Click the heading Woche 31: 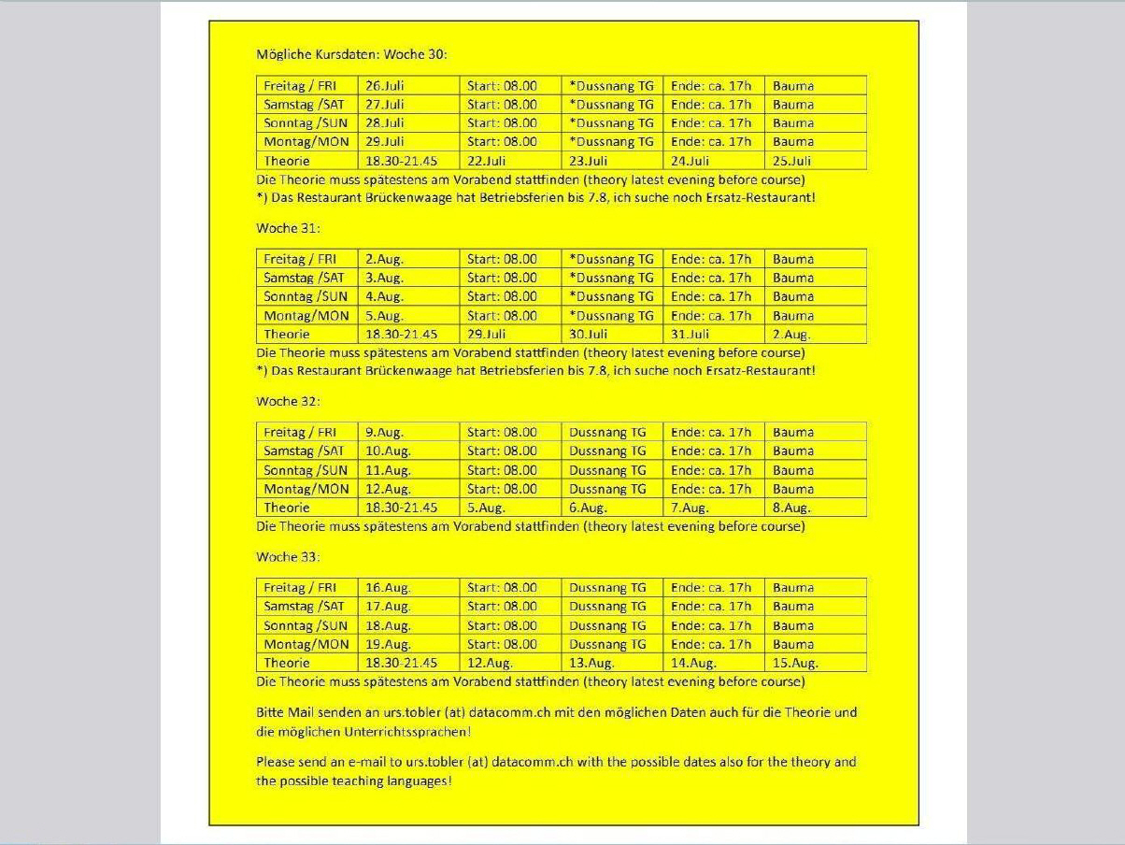(289, 228)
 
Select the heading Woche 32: (289, 401)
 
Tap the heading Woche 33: (289, 557)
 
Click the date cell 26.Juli (385, 86)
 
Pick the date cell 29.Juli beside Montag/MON (385, 142)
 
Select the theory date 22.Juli (487, 161)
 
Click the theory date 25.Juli (792, 161)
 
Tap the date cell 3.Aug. (384, 278)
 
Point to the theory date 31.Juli (691, 334)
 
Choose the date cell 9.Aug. (384, 433)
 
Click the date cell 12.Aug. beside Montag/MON (388, 489)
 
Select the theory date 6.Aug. (589, 508)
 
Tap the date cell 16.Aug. (388, 588)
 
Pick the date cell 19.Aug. (388, 645)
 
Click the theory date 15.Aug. (795, 664)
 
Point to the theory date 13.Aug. (591, 664)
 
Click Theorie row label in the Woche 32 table (287, 508)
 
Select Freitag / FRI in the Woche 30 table (300, 86)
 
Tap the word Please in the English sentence (277, 762)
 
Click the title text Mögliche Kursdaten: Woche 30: (352, 54)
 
